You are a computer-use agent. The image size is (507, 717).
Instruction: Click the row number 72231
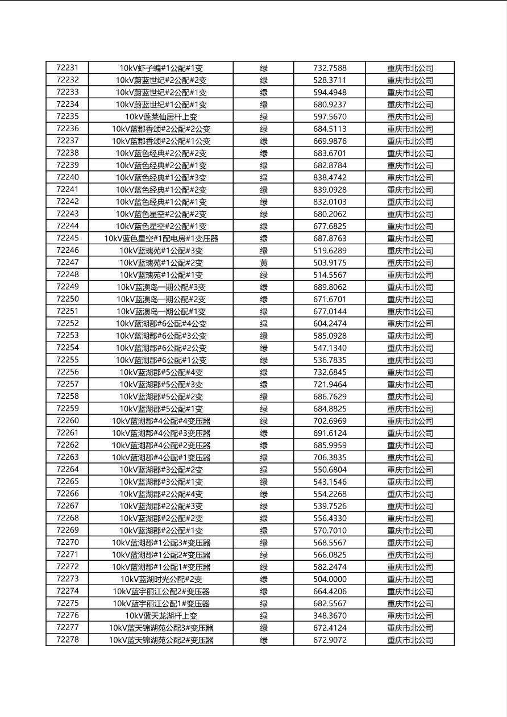pyautogui.click(x=68, y=68)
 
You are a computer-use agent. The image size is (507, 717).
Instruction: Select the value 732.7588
pyautogui.click(x=330, y=68)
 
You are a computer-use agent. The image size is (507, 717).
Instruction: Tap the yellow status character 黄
pyautogui.click(x=264, y=263)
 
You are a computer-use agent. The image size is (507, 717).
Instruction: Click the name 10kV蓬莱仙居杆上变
pyautogui.click(x=161, y=117)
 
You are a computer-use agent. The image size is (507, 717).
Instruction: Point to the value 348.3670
pyautogui.click(x=330, y=616)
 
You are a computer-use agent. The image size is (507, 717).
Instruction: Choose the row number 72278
pyautogui.click(x=68, y=640)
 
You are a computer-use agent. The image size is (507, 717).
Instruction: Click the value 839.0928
pyautogui.click(x=330, y=190)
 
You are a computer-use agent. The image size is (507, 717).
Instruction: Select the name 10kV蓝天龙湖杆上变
pyautogui.click(x=161, y=616)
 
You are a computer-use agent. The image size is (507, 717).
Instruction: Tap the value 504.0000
pyautogui.click(x=330, y=580)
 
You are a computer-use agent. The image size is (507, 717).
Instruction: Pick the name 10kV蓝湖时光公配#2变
pyautogui.click(x=161, y=580)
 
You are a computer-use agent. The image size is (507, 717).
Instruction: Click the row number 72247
pyautogui.click(x=68, y=263)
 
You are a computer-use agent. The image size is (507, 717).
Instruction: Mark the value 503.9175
pyautogui.click(x=330, y=263)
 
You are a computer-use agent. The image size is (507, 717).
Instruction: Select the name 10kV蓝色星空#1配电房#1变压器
pyautogui.click(x=161, y=239)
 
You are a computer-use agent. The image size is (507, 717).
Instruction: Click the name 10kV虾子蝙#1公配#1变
pyautogui.click(x=161, y=68)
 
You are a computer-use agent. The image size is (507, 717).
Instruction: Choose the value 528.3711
pyautogui.click(x=330, y=81)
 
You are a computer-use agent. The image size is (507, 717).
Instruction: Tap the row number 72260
pyautogui.click(x=68, y=421)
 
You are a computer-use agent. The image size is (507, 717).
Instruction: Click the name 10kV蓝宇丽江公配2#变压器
pyautogui.click(x=161, y=591)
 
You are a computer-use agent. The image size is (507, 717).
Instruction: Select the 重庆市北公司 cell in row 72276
pyautogui.click(x=410, y=616)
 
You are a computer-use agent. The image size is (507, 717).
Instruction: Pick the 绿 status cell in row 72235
pyautogui.click(x=264, y=117)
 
